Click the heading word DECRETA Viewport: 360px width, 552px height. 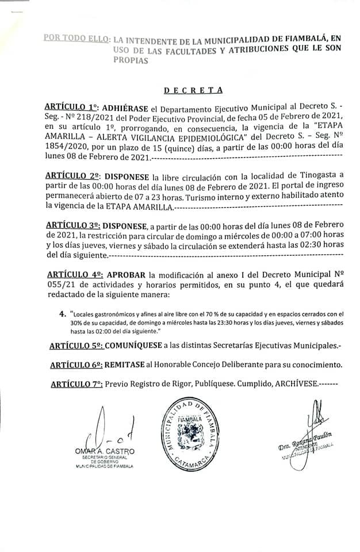[x=193, y=90]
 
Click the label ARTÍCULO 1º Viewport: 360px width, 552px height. [x=71, y=108]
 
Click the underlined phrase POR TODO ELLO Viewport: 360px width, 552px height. [x=76, y=39]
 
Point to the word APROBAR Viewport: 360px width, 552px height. [x=125, y=274]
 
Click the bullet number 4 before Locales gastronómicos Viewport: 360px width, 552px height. [x=63, y=315]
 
